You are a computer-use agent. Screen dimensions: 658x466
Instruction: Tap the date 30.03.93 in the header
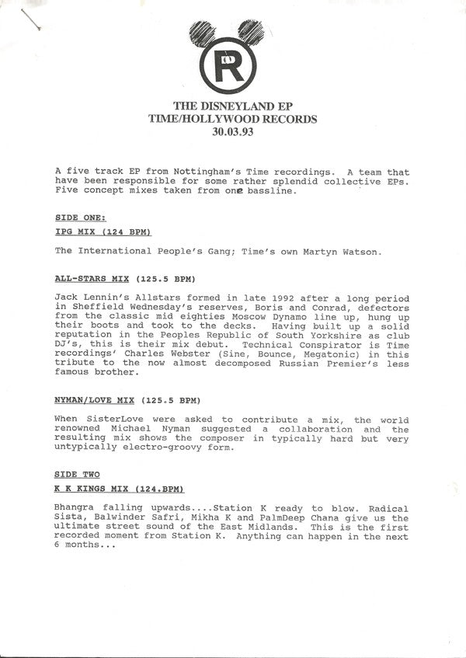[233, 132]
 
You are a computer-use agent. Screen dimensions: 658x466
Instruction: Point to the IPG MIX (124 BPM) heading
[103, 232]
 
